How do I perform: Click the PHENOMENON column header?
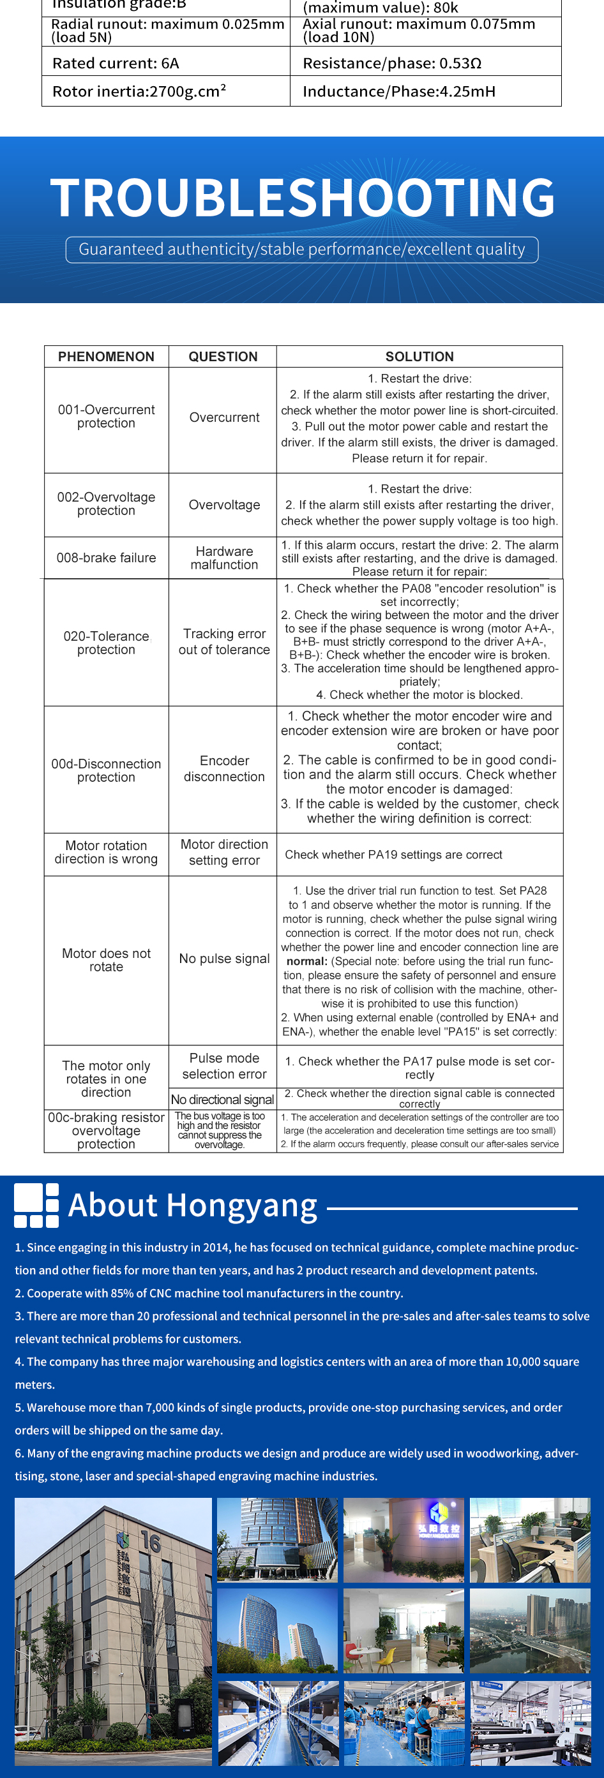(106, 356)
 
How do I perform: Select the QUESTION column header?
(223, 356)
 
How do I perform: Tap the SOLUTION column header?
(419, 356)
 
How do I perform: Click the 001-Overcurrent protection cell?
(106, 416)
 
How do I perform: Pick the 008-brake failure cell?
(106, 558)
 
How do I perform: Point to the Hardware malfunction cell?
(224, 558)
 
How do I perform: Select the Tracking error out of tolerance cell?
(224, 642)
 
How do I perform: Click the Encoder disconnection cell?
(224, 769)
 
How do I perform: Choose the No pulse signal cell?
(224, 959)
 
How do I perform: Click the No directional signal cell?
(222, 1100)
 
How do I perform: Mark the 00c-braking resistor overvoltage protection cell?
(106, 1131)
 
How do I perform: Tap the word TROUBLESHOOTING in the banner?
(303, 198)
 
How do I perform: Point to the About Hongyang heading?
(193, 1206)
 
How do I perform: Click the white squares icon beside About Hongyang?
(36, 1206)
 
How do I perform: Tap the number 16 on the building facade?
(151, 1541)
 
